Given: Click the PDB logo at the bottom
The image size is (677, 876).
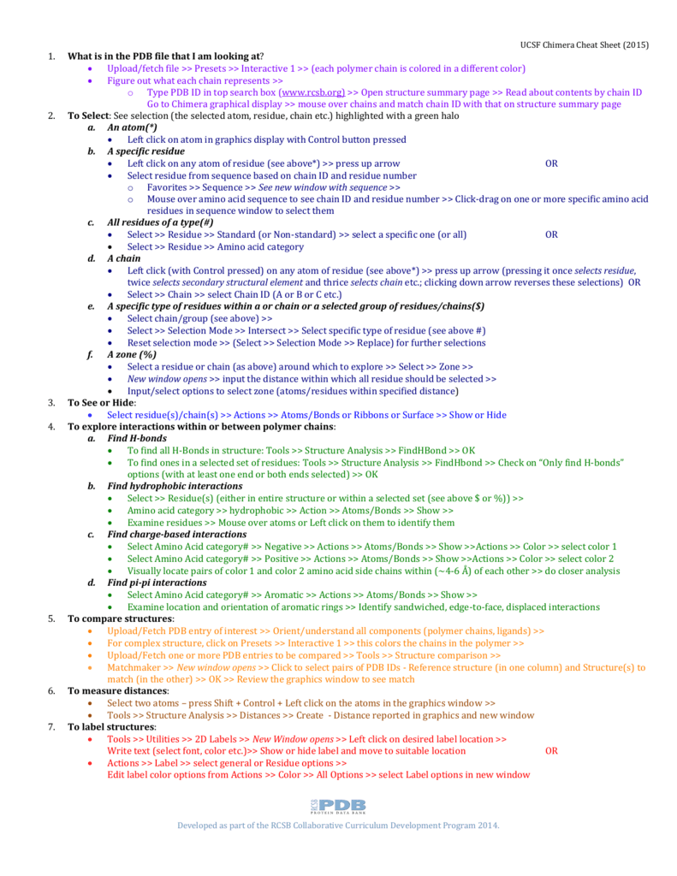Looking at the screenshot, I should pos(338,806).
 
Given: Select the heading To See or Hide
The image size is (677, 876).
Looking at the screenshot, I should pos(101,402).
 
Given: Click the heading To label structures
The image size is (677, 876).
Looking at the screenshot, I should pos(111,726).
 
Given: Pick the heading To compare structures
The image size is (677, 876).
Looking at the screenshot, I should pos(121,619).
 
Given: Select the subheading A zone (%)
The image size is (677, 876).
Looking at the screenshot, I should pos(132,354).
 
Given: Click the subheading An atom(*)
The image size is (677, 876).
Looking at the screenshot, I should pos(132,127).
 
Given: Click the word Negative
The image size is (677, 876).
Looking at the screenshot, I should pos(283,546).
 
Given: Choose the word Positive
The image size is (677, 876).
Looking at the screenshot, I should pos(282,558).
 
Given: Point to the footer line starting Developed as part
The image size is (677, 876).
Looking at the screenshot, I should pos(337,826).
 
